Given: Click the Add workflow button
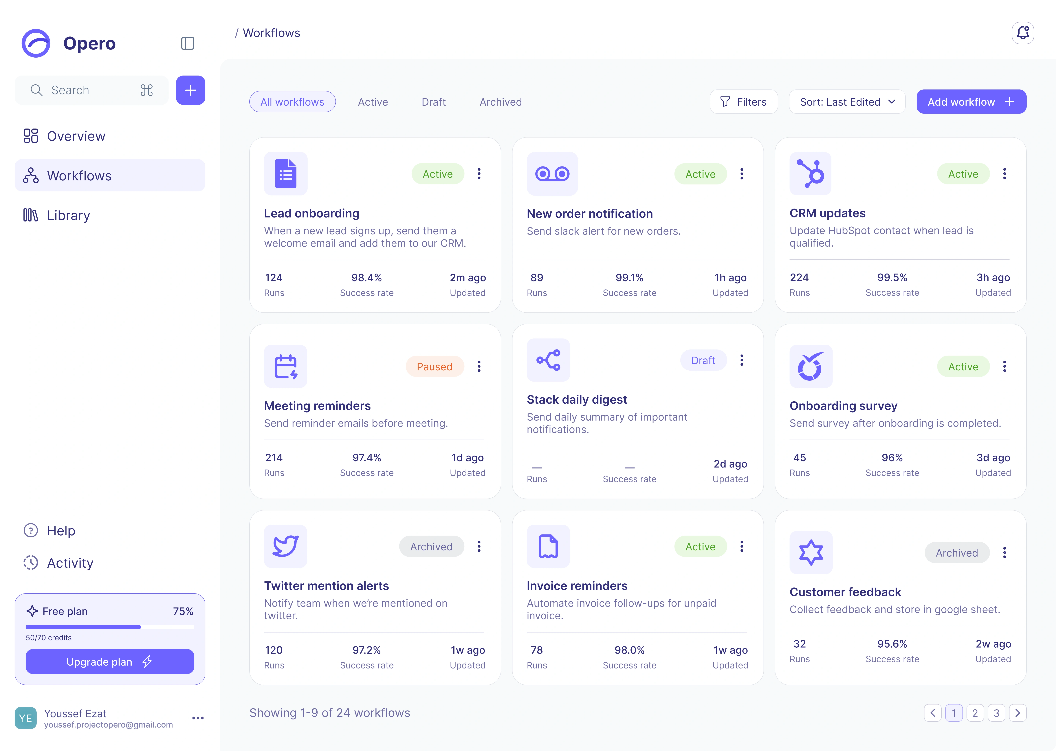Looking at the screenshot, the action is point(971,102).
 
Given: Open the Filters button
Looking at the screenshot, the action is point(743,102).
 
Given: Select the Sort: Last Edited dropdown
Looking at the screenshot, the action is point(847,102).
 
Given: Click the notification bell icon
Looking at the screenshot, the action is point(1023,33).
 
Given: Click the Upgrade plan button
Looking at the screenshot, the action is point(110,662).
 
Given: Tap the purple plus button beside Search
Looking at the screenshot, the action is point(190,90).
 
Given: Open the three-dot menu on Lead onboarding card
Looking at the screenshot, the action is point(479,174).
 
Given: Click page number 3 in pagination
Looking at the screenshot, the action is point(996,713).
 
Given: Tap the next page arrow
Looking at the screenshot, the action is point(1018,713).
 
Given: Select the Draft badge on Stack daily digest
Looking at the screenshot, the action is point(703,360).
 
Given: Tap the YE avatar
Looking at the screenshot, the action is point(25,718).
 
